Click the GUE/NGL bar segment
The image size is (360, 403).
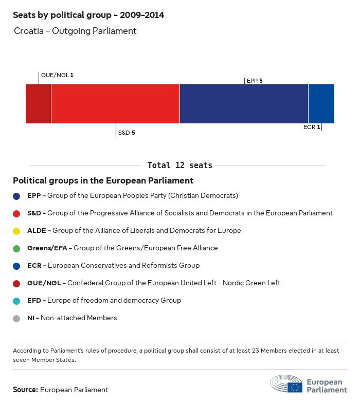click(38, 104)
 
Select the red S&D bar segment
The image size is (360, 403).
click(115, 104)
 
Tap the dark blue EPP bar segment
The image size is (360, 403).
click(244, 104)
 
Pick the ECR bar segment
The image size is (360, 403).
click(321, 104)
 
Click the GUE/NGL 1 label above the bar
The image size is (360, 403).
click(57, 75)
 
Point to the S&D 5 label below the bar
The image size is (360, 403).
click(127, 133)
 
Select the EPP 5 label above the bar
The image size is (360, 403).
click(255, 81)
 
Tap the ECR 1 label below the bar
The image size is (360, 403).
click(312, 127)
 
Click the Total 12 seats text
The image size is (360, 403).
click(179, 165)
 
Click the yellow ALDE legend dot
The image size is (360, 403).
click(17, 231)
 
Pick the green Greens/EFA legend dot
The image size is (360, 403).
click(17, 248)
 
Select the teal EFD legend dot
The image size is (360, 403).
click(17, 301)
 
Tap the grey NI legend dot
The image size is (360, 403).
click(17, 318)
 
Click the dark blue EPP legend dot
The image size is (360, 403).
click(17, 196)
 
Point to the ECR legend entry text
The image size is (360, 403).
click(113, 266)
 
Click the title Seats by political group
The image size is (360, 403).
click(88, 15)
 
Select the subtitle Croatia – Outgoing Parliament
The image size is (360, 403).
click(75, 31)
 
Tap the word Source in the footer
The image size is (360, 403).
click(25, 390)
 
